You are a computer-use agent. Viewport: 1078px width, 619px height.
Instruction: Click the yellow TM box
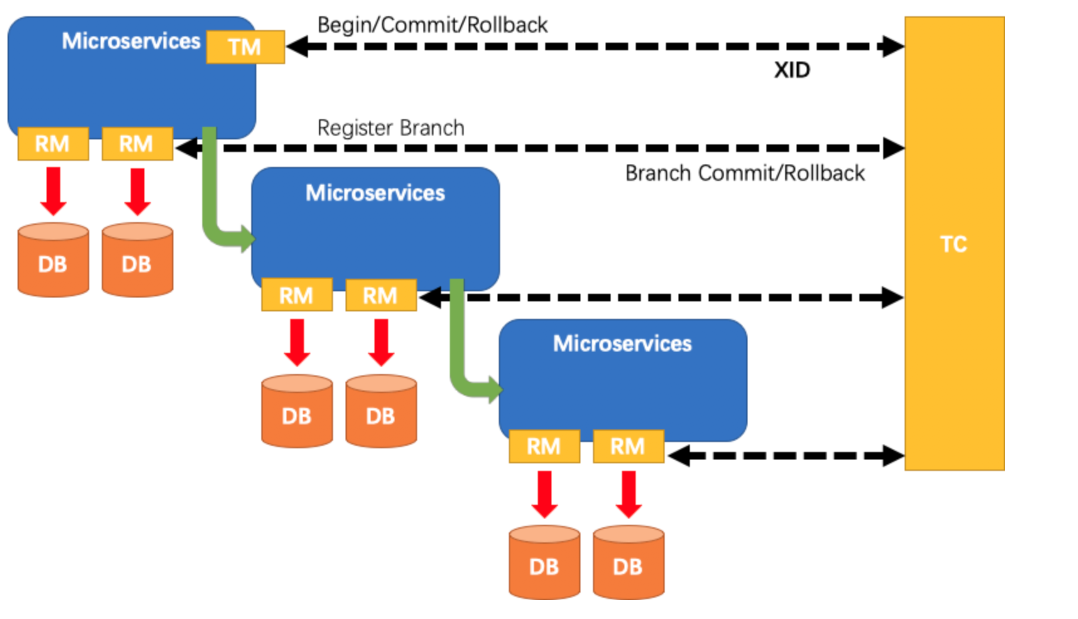(x=246, y=47)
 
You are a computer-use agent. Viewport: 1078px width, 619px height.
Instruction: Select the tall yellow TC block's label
(x=954, y=244)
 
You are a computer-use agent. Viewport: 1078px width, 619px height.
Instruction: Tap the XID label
(x=792, y=70)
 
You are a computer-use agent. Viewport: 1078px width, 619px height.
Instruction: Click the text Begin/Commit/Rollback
(x=432, y=25)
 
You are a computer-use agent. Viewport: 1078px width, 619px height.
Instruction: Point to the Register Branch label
(x=391, y=128)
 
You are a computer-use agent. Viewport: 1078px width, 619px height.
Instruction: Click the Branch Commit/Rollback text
(x=745, y=173)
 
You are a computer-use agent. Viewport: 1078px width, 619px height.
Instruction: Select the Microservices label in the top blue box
(x=131, y=41)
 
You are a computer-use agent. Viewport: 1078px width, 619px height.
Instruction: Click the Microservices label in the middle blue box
(x=375, y=193)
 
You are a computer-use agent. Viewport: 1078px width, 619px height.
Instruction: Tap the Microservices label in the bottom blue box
(x=622, y=343)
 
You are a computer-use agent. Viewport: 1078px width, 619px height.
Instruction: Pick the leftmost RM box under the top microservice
(x=53, y=144)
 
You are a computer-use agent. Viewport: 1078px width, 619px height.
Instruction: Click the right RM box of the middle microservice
(x=381, y=295)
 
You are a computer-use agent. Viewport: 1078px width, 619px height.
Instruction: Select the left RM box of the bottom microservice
(x=544, y=446)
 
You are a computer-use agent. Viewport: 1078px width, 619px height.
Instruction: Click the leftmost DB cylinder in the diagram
(x=53, y=259)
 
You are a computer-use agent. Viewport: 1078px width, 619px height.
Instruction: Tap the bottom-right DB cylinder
(x=628, y=562)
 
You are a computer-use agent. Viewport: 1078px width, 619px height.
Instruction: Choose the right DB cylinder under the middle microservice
(x=381, y=411)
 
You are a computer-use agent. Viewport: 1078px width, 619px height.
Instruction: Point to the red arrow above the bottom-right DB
(x=629, y=495)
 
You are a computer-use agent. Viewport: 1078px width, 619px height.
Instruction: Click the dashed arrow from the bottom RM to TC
(x=786, y=456)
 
